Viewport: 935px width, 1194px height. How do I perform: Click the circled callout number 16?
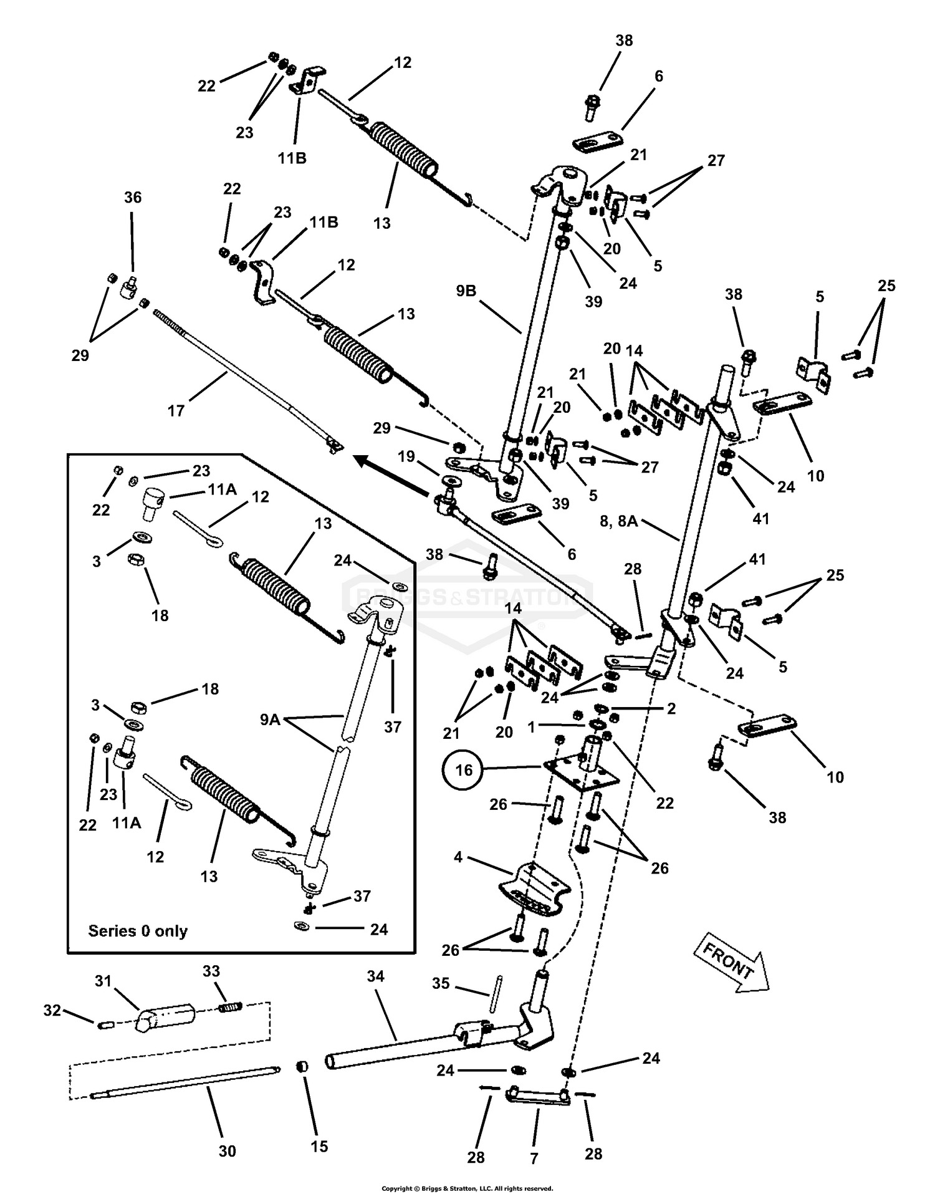point(463,770)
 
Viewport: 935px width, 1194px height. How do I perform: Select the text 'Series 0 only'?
point(138,930)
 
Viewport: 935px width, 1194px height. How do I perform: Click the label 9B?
point(466,291)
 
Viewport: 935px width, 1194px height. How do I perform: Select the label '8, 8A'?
point(618,521)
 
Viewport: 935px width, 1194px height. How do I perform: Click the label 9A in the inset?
point(270,720)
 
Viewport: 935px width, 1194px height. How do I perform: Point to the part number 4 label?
point(458,857)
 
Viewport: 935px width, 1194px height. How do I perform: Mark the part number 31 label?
point(103,981)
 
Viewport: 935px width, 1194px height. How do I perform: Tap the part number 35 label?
point(441,983)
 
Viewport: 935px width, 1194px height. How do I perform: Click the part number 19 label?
point(406,456)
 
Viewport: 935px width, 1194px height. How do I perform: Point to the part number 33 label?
point(211,971)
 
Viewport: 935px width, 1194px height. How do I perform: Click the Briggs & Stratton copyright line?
point(467,1188)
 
